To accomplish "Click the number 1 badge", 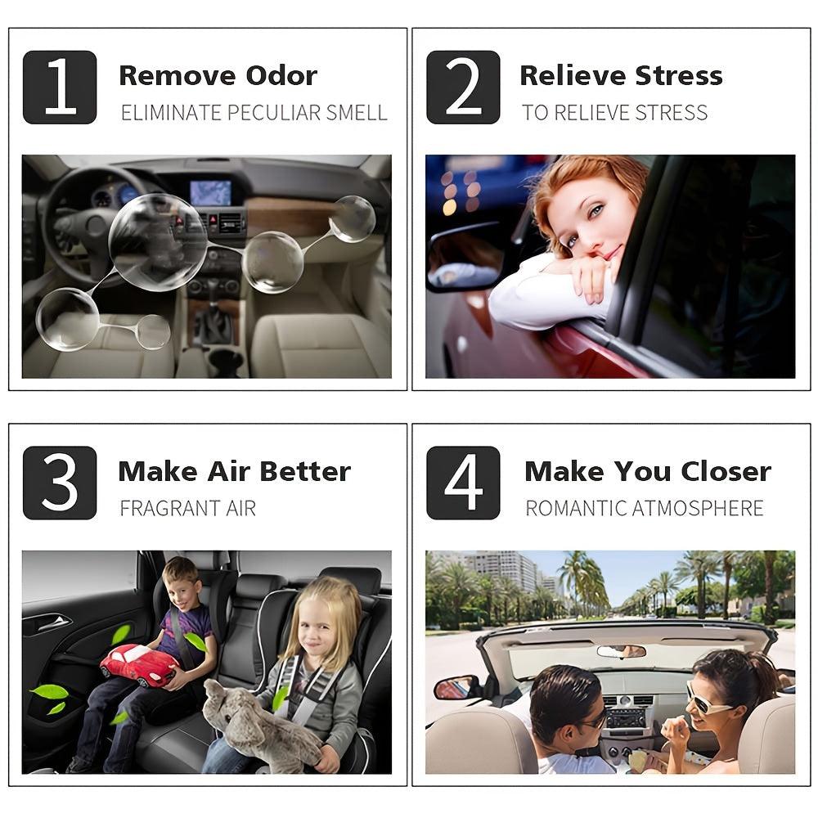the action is pos(60,88).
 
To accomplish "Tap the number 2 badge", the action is pos(463,88).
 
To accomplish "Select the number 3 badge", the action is pos(60,483).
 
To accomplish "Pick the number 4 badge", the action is pos(463,483).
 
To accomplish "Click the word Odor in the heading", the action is pos(281,76).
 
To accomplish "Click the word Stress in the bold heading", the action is pos(679,75).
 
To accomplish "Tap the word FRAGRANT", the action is pos(169,508).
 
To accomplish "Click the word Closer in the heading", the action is pos(726,472).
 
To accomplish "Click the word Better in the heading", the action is pos(305,472).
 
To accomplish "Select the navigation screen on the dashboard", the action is pos(211,192).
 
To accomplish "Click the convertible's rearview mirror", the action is pos(622,651).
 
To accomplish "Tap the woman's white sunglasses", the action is pos(705,699).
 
